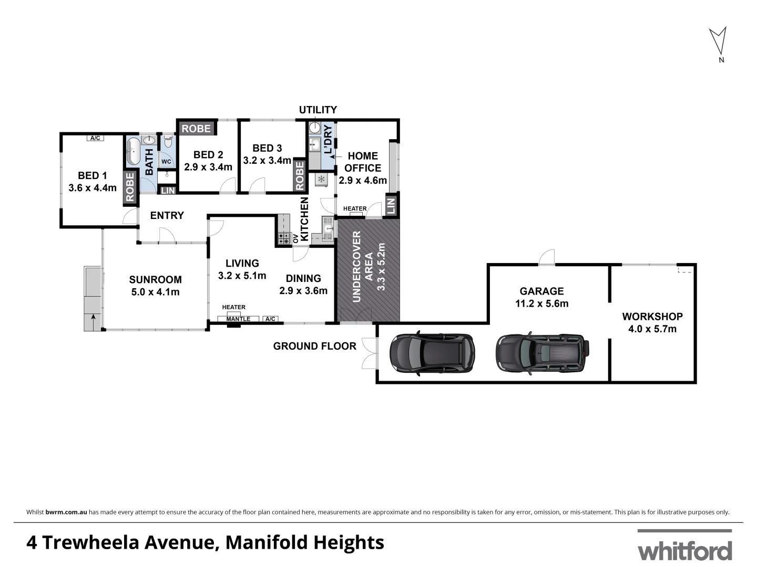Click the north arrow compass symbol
click(718, 42)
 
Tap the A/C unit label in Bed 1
click(95, 138)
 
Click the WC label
click(166, 162)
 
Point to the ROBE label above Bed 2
click(196, 129)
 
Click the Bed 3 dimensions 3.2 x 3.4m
click(267, 161)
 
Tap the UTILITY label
click(318, 110)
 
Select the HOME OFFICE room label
click(363, 162)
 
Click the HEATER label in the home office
click(355, 208)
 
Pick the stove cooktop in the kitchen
click(284, 238)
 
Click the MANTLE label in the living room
click(238, 319)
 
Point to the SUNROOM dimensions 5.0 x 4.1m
click(156, 292)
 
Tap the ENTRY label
click(167, 215)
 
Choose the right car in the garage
click(542, 352)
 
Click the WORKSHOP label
click(652, 317)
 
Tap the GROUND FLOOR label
click(314, 346)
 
